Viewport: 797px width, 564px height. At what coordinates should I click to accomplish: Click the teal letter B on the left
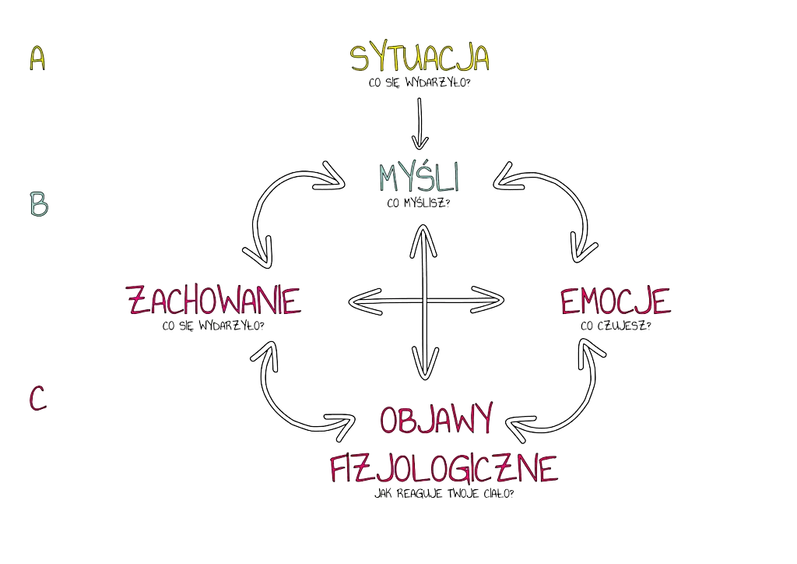(39, 204)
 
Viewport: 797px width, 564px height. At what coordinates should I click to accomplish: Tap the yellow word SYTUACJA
(420, 59)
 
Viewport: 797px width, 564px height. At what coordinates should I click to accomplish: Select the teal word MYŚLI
(420, 178)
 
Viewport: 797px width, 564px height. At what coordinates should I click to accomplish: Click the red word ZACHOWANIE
(213, 301)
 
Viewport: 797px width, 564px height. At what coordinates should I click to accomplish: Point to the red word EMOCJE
(615, 302)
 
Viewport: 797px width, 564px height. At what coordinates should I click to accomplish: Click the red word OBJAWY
(436, 421)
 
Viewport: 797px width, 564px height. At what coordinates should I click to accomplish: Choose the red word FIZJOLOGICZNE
(443, 469)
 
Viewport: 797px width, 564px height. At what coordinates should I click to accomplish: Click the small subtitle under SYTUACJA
(420, 81)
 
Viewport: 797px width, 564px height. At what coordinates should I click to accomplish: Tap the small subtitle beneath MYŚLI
(420, 203)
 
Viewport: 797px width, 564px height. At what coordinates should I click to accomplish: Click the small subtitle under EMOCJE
(616, 325)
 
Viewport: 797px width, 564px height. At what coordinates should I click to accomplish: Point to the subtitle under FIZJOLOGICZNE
(443, 493)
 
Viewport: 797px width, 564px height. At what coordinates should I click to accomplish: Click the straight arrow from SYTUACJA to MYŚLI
(420, 121)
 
